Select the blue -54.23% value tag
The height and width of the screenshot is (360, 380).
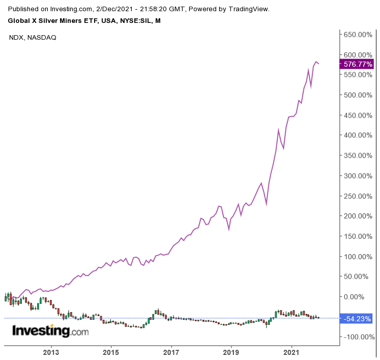coord(358,319)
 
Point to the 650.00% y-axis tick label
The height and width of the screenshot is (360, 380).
coord(358,35)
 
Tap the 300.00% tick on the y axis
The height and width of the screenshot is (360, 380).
coord(358,176)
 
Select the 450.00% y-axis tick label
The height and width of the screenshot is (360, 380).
coord(358,115)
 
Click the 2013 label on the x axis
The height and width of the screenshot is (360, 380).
coord(51,352)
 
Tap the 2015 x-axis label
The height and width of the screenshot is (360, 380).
coord(111,352)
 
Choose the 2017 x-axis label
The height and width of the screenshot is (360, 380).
coord(171,352)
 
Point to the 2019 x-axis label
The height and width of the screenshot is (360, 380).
coord(231,352)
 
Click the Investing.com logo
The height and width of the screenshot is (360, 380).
coord(50,331)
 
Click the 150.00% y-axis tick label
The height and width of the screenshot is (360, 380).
coord(358,236)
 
